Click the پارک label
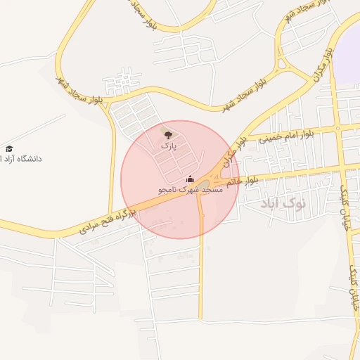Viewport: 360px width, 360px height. (167, 145)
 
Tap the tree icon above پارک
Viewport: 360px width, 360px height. (167, 133)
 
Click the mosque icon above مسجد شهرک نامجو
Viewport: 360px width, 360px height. (190, 179)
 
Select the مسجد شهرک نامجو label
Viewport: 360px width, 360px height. (190, 190)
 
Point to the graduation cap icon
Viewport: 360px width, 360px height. (10, 148)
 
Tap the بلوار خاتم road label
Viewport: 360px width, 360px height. (241, 181)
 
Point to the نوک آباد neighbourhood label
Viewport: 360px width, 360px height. (288, 203)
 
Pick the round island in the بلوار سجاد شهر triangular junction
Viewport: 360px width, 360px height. (282, 64)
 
